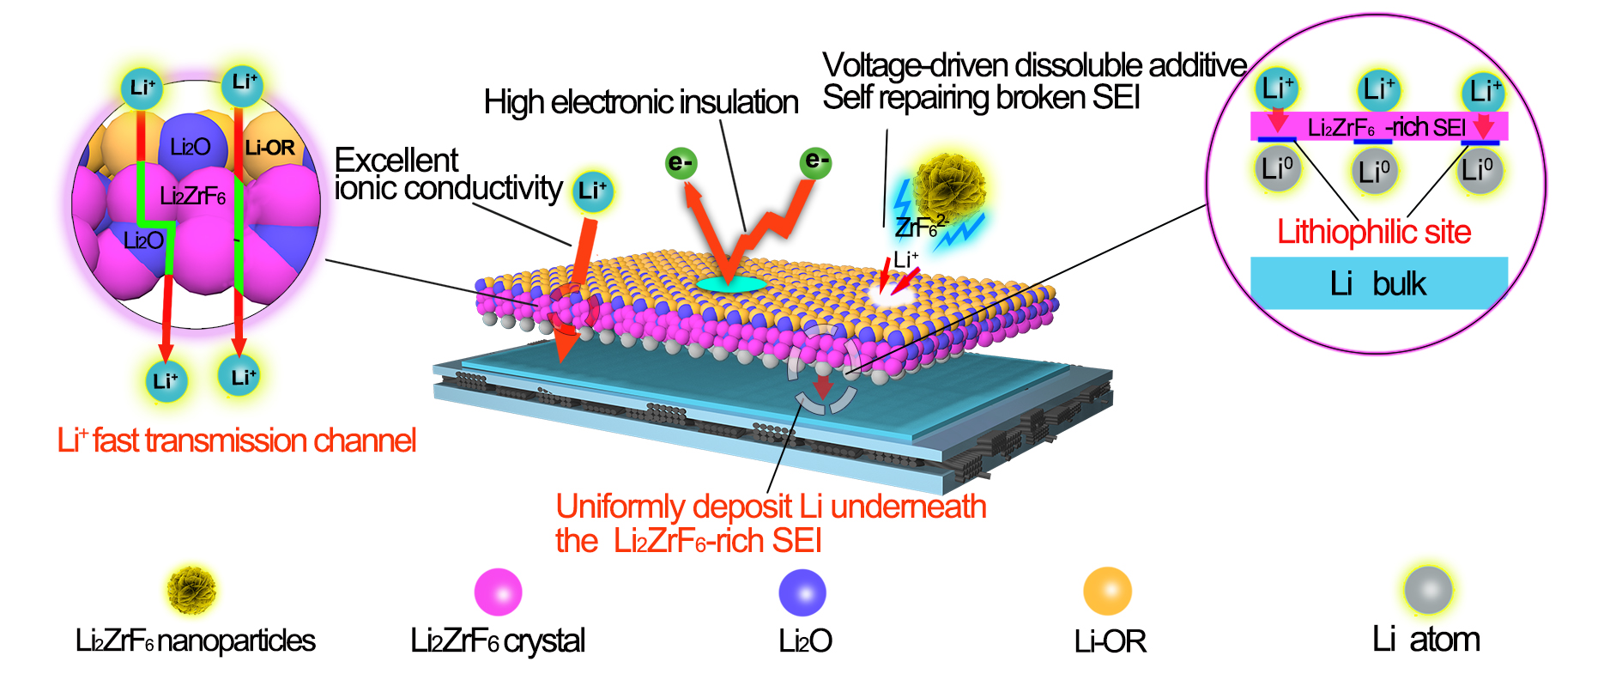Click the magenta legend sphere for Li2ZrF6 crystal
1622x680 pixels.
coord(498,592)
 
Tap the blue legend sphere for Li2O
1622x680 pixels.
coord(802,592)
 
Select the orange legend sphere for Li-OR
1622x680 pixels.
coord(1107,592)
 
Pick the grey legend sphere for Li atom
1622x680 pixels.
coord(1428,590)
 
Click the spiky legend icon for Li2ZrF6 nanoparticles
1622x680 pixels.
coord(191,590)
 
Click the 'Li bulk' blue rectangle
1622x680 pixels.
coord(1378,283)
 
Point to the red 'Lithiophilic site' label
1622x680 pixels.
coord(1374,232)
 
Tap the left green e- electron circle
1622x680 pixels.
coord(681,163)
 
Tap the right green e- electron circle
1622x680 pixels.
coord(815,161)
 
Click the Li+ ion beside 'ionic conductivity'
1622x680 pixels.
coord(592,191)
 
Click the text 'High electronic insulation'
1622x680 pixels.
coord(640,102)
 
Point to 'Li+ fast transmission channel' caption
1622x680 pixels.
coord(237,440)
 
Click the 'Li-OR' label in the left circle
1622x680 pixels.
coord(269,148)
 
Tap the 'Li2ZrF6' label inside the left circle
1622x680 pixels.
coord(192,197)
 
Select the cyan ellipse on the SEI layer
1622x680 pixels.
coord(730,283)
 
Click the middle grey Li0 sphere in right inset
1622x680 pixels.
coord(1374,171)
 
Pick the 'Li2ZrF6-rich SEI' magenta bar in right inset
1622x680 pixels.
coord(1378,127)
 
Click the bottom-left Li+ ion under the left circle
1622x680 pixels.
coord(166,379)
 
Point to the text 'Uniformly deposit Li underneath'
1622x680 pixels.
coord(771,507)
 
